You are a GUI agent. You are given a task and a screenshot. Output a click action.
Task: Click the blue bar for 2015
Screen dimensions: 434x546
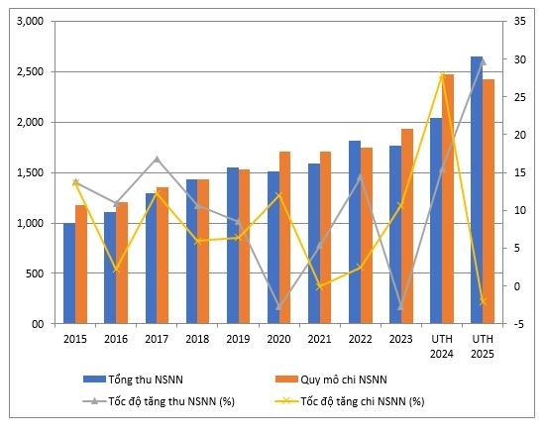point(69,273)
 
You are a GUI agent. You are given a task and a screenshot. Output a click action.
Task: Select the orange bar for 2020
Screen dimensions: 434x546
point(284,238)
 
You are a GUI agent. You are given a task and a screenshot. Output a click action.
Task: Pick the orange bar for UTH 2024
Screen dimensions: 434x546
point(448,199)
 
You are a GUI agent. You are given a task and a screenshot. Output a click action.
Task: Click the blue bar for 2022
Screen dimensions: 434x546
point(355,232)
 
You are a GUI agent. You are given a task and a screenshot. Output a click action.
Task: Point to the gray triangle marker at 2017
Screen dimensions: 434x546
point(157,159)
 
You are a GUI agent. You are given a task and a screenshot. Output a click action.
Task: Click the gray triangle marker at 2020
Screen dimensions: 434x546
point(278,307)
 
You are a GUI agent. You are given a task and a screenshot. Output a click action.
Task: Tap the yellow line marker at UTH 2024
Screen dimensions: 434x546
point(442,75)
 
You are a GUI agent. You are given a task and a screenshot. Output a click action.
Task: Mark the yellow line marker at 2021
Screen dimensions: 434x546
point(319,286)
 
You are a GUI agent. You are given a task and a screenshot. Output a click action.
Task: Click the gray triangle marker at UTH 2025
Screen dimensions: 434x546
point(483,61)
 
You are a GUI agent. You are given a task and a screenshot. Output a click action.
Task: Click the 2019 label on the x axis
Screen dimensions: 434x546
point(238,339)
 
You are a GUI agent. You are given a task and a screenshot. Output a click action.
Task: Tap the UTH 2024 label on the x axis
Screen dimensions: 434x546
point(442,345)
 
